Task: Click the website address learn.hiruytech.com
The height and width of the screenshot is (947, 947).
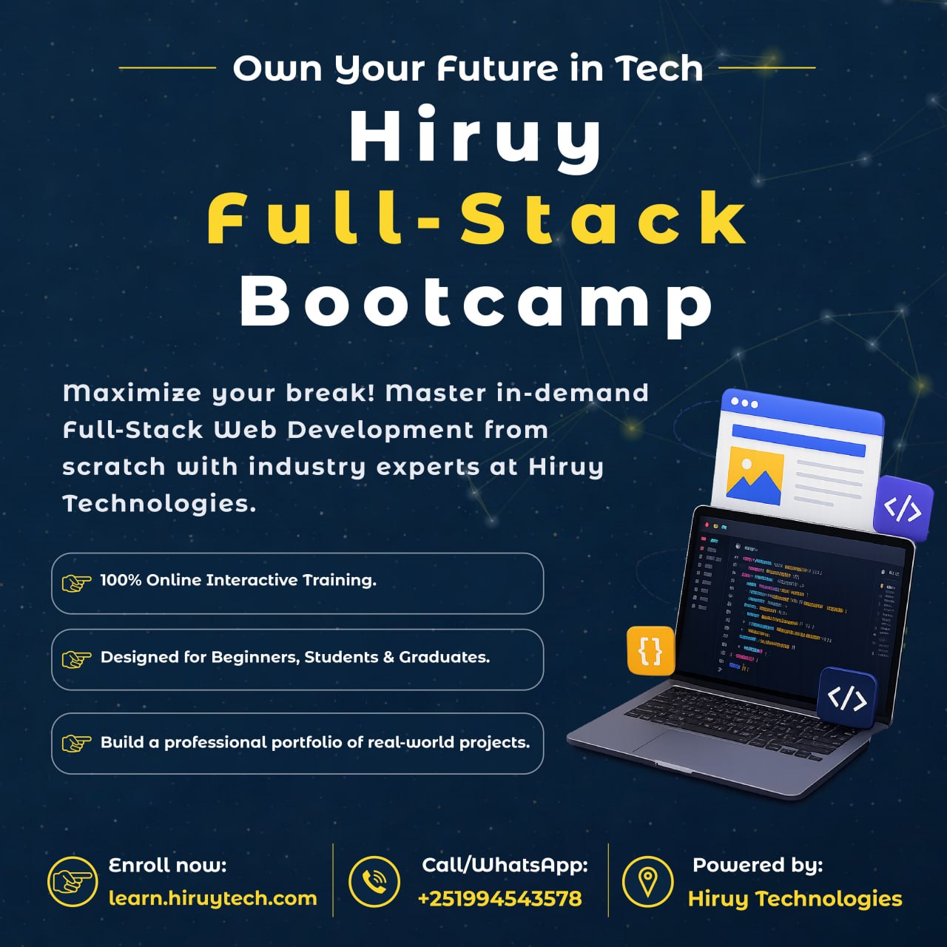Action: (x=213, y=899)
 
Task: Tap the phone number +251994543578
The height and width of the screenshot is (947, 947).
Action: (x=500, y=899)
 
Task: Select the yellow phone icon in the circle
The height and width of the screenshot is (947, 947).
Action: (x=374, y=881)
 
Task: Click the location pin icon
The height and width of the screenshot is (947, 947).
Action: (x=647, y=881)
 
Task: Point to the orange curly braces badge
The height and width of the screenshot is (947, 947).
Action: (x=650, y=650)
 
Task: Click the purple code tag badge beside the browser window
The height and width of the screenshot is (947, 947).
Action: (x=903, y=508)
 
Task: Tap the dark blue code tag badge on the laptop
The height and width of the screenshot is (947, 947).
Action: (x=847, y=698)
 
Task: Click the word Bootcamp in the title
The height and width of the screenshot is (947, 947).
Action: (x=476, y=303)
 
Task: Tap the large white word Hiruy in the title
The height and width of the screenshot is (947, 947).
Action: (x=476, y=138)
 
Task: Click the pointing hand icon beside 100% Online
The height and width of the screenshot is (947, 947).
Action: (x=77, y=582)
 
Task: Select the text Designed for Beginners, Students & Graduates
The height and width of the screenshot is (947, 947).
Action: (x=295, y=657)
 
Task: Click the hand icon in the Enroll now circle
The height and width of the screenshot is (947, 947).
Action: (x=73, y=881)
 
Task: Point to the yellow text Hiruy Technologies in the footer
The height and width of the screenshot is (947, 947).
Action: (x=795, y=899)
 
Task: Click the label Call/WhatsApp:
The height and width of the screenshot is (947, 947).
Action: (x=505, y=865)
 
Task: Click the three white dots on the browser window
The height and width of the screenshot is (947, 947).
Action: (x=744, y=403)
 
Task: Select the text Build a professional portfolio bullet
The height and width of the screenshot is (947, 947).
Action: (x=315, y=742)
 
